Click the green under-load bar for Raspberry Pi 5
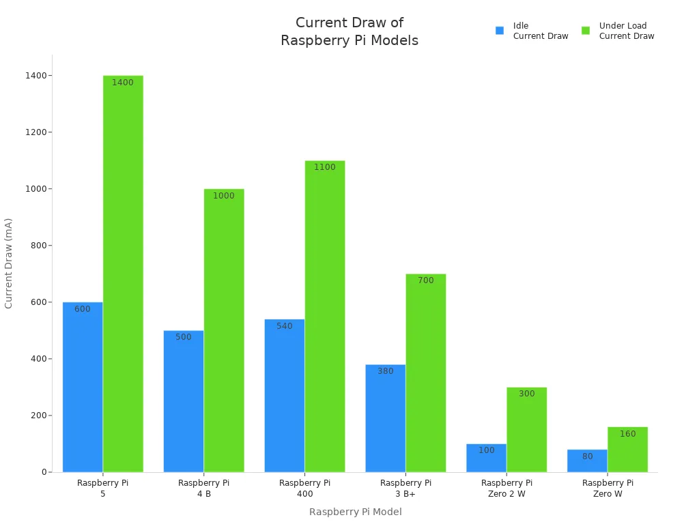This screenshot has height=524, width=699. tap(123, 273)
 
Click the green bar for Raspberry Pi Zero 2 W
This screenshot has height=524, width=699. tap(526, 430)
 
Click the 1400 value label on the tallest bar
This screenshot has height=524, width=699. tap(123, 83)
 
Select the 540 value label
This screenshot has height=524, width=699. tap(285, 326)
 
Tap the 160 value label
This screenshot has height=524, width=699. tap(627, 434)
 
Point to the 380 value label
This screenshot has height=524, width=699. tap(386, 371)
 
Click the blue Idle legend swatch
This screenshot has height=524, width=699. tap(500, 31)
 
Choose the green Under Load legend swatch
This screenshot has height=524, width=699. tap(586, 31)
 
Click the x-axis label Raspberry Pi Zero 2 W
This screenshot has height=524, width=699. tap(507, 488)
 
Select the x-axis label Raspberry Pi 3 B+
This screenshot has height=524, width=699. tap(405, 488)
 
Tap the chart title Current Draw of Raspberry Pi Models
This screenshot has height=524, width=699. tap(349, 31)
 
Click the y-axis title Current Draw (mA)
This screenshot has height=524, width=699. tap(9, 263)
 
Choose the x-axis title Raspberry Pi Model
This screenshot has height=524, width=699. tap(355, 512)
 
